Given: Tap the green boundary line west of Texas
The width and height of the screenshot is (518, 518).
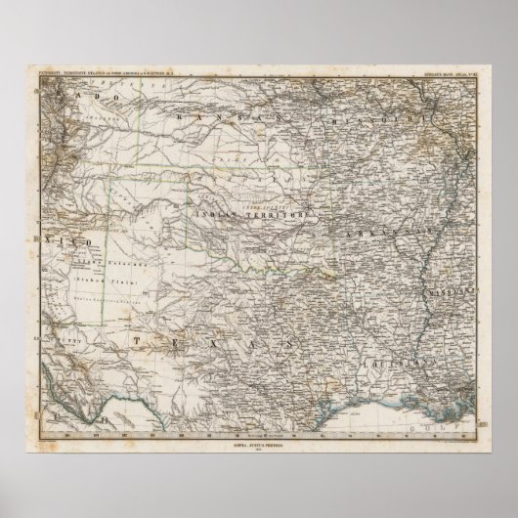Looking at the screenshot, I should [107, 293].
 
